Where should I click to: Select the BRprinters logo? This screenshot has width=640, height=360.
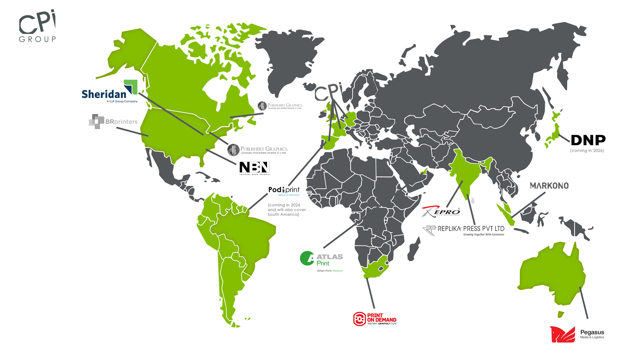tap(113, 122)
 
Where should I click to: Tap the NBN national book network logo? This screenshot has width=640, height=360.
tap(254, 168)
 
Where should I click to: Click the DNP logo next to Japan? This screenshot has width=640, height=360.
tap(588, 140)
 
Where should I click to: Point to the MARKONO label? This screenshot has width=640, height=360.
tap(549, 186)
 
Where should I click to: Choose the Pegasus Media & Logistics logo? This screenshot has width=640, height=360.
tap(577, 334)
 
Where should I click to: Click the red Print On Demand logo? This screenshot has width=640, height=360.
tap(374, 319)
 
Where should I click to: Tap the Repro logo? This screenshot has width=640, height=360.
tap(441, 211)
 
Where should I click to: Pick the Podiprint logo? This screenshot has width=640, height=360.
tap(284, 190)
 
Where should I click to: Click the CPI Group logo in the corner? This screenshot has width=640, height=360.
tap(37, 27)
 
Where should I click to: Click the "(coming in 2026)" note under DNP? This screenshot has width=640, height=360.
tap(587, 151)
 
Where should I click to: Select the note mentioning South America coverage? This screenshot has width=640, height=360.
tap(286, 210)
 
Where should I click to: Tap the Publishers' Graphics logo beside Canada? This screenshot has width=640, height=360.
tap(280, 106)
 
